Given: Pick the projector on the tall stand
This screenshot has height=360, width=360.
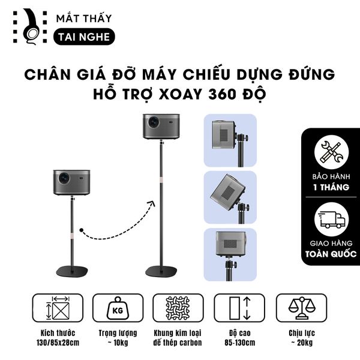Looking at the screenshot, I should [161, 126].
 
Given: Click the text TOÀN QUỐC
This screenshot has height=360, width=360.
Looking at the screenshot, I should [330, 254].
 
